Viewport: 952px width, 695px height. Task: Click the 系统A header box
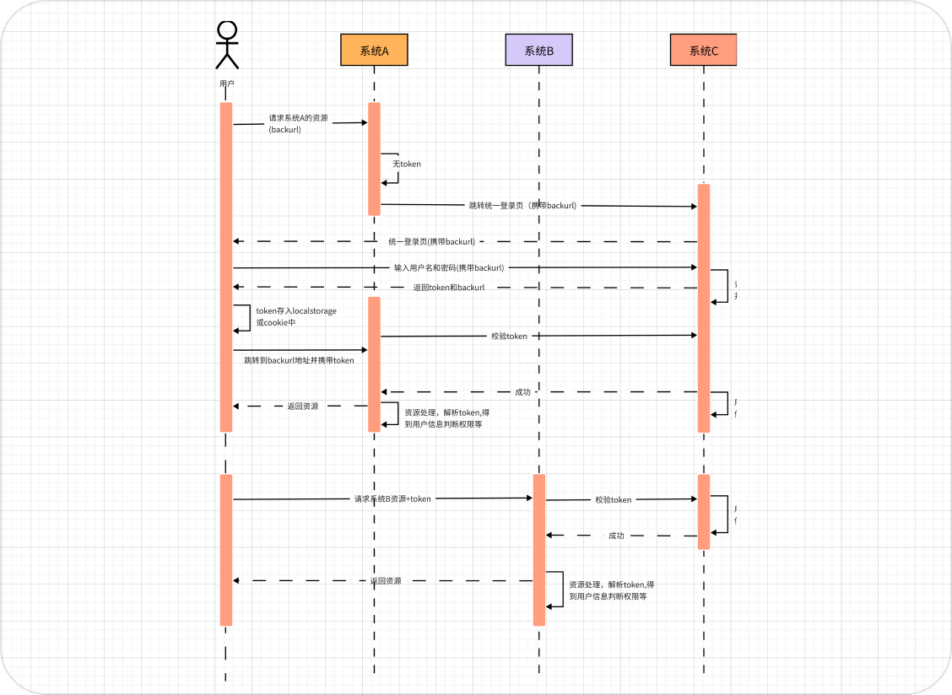374,50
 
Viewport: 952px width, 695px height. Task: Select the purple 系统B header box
538,50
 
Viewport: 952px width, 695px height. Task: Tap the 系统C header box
704,50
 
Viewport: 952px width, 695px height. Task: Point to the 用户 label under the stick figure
226,84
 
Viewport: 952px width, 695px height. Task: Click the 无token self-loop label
407,164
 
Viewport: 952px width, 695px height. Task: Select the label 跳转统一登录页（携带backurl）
524,205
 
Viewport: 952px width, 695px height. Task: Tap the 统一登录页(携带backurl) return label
432,241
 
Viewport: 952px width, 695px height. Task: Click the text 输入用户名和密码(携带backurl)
449,267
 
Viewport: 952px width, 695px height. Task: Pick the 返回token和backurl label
449,288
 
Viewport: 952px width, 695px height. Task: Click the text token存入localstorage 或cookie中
296,316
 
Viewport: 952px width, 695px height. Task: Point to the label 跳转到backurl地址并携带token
299,360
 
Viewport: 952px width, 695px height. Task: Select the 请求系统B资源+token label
392,498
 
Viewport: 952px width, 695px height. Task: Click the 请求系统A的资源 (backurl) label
299,124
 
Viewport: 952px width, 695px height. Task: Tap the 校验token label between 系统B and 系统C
614,500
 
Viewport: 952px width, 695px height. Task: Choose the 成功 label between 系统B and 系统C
616,536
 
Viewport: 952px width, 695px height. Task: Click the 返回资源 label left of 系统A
303,406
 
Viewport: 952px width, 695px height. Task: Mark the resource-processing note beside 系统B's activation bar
612,590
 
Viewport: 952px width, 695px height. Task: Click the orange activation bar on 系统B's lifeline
539,550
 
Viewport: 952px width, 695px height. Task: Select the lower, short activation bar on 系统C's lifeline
704,511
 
